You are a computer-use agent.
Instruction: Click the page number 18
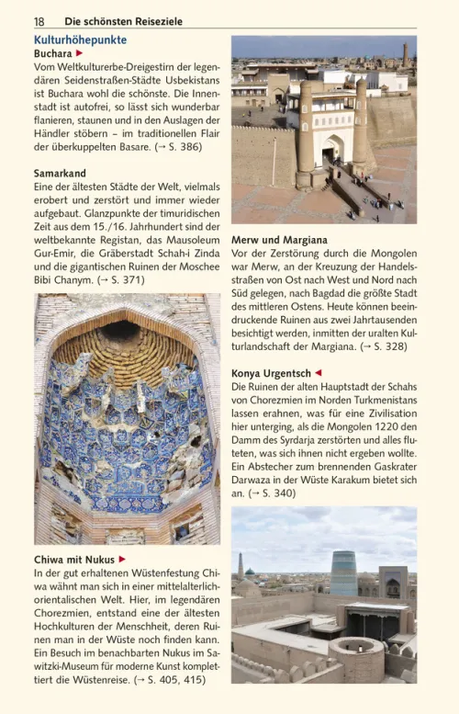tap(39, 20)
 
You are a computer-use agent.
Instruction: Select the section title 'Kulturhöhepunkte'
tap(80, 40)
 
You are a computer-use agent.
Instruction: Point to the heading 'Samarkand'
tap(60, 173)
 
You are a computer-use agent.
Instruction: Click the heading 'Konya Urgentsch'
tap(271, 373)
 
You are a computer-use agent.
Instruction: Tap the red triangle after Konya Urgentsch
tap(319, 373)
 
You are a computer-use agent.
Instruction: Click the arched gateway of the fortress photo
tap(332, 147)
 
